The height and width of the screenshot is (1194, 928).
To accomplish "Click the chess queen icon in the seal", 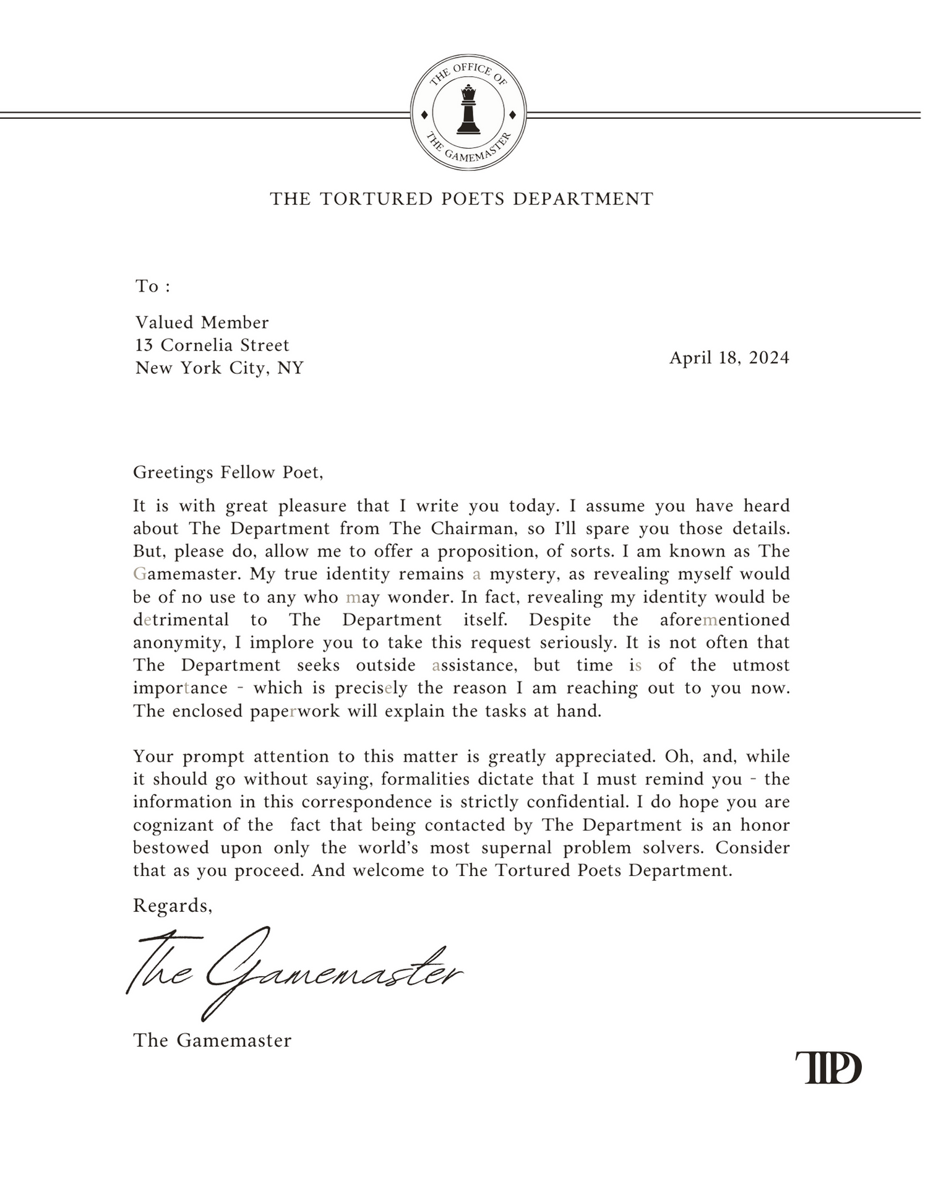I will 468,110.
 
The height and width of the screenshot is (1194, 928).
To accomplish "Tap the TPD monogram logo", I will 828,1068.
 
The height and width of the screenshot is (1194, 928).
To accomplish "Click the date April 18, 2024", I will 729,358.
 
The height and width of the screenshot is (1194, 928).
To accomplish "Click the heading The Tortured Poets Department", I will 462,199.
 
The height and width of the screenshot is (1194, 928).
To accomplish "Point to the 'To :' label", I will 152,286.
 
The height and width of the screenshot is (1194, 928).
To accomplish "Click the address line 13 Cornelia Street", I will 212,345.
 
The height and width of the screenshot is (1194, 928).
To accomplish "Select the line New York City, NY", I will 220,368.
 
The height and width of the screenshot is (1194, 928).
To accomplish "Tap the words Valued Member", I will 202,322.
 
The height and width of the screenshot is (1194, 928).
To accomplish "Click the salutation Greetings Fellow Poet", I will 228,472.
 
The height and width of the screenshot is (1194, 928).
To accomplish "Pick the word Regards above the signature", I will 172,906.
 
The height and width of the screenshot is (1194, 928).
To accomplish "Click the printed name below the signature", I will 212,1040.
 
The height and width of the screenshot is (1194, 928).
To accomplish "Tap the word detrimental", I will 181,620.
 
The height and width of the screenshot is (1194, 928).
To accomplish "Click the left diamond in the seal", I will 424,115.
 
